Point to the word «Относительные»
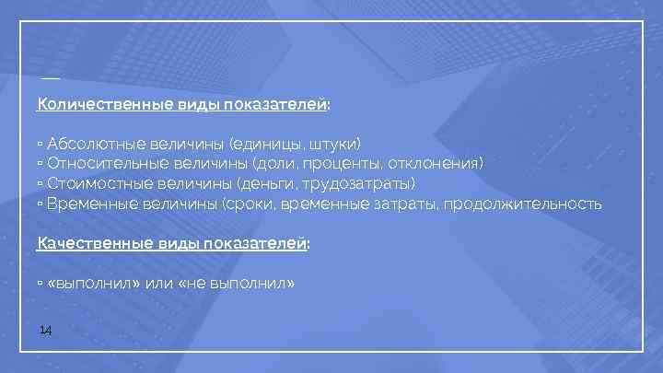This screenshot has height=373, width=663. coord(100,164)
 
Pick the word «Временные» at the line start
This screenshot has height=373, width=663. coord(88,204)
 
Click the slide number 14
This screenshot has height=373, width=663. coord(45,330)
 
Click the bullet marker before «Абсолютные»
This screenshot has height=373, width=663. coord(41,145)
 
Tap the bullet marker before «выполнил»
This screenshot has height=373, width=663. coord(41,284)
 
